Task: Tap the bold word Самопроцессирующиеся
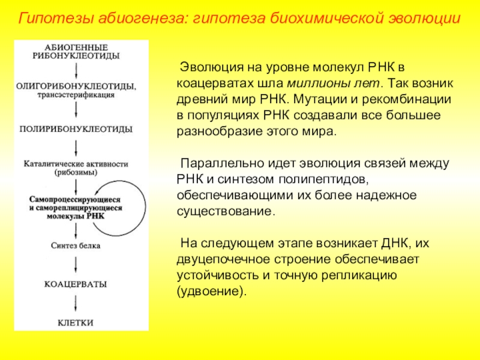point(75,199)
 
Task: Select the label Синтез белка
point(76,245)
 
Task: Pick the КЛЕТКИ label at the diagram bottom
point(76,322)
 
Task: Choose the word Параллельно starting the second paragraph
point(217,163)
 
